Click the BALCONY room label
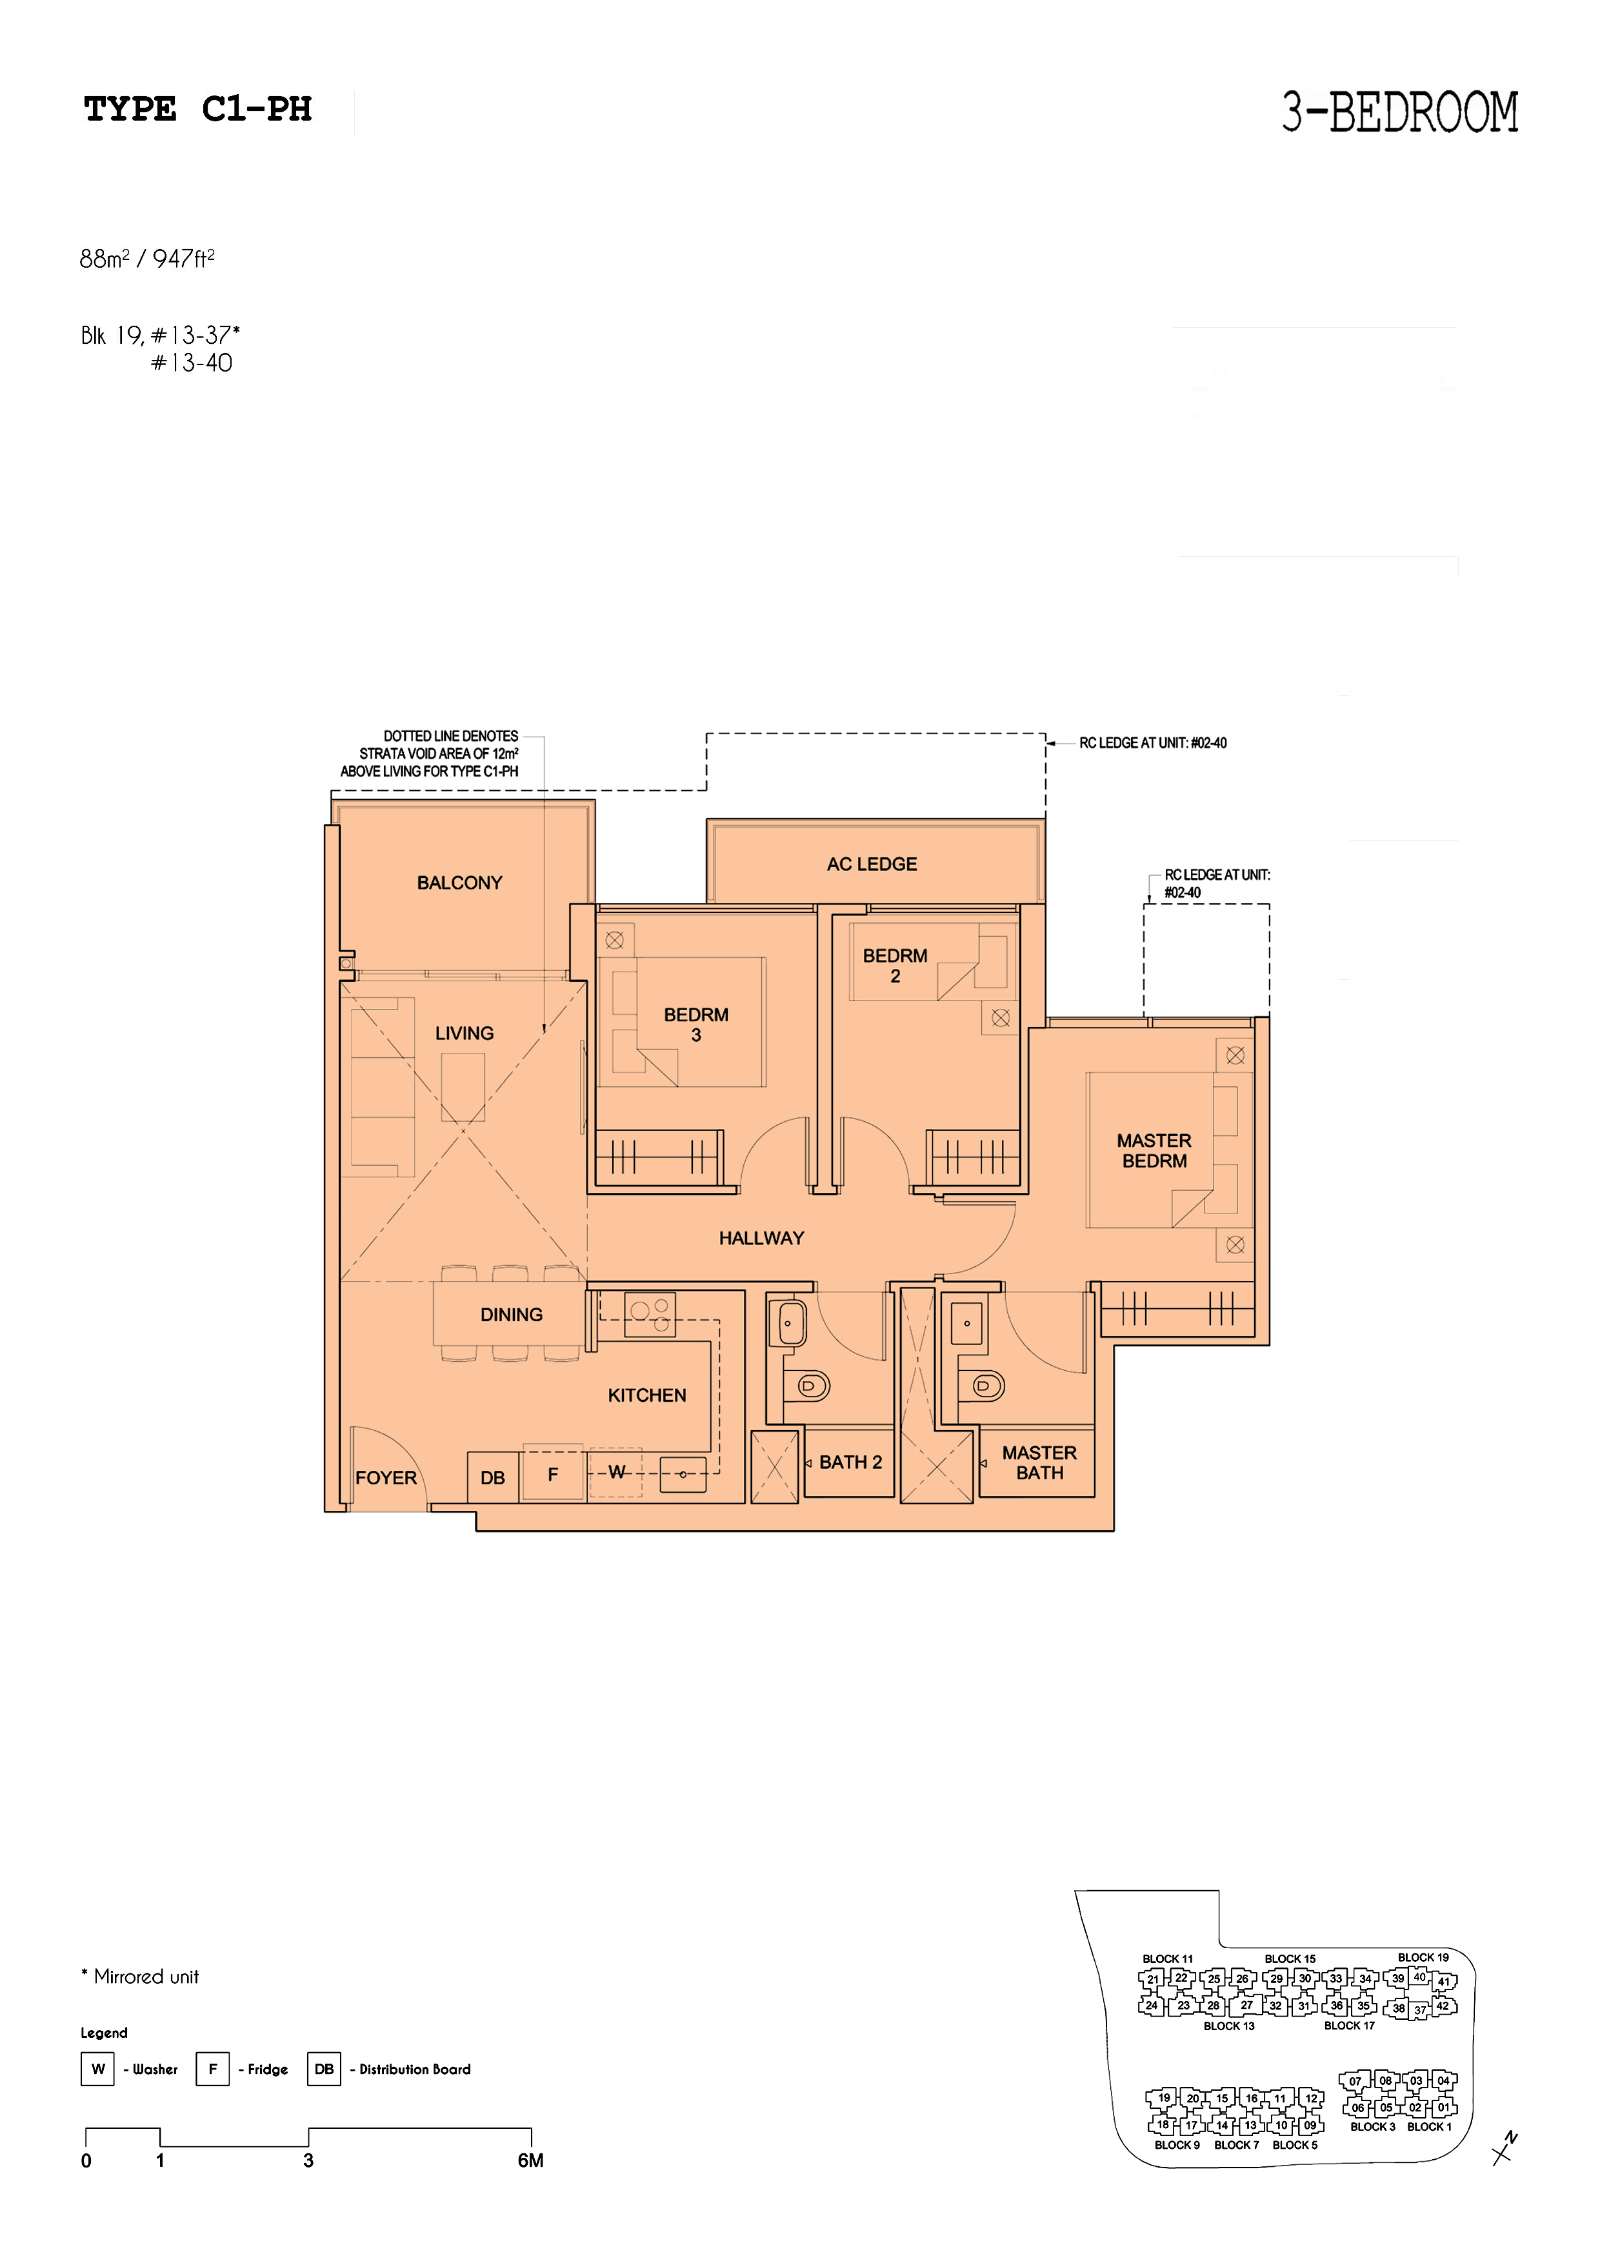[459, 883]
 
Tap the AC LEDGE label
[872, 864]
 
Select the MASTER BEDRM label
[1154, 1150]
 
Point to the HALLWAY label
[761, 1238]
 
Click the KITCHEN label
[646, 1395]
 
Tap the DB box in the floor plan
[493, 1477]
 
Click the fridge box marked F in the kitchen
[553, 1475]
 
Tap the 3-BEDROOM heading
[1400, 112]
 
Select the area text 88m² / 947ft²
[147, 258]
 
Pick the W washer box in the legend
[97, 2069]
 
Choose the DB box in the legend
[323, 2069]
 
